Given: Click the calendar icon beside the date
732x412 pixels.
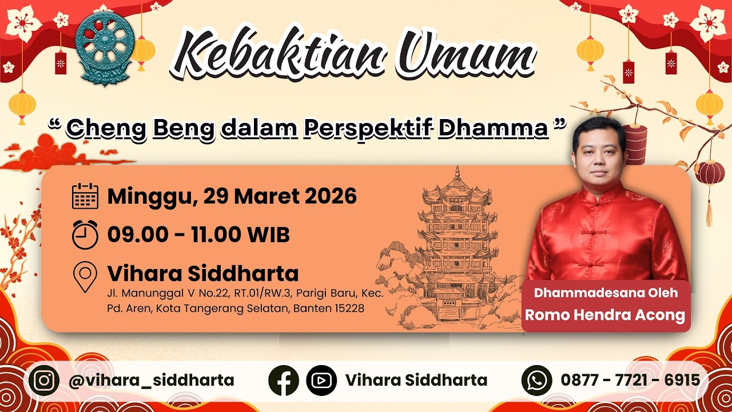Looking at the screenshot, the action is pyautogui.click(x=85, y=196).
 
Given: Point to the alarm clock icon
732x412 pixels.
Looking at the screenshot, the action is pyautogui.click(x=85, y=235).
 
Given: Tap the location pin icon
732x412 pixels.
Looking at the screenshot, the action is pyautogui.click(x=85, y=276).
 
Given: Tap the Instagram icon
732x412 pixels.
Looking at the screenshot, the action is pyautogui.click(x=44, y=381).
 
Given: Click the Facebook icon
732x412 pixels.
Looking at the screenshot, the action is pyautogui.click(x=283, y=381).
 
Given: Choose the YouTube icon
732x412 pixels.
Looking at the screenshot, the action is pyautogui.click(x=321, y=381).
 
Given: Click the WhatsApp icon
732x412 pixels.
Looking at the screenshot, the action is pyautogui.click(x=536, y=381).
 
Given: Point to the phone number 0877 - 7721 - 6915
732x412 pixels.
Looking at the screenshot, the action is pyautogui.click(x=630, y=380).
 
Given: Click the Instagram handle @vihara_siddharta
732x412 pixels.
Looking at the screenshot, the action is pyautogui.click(x=152, y=381).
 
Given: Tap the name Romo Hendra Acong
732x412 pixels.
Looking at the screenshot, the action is pyautogui.click(x=605, y=315).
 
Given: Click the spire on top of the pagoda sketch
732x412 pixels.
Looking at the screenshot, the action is pyautogui.click(x=457, y=173).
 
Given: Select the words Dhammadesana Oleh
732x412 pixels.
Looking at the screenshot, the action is pyautogui.click(x=606, y=292).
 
